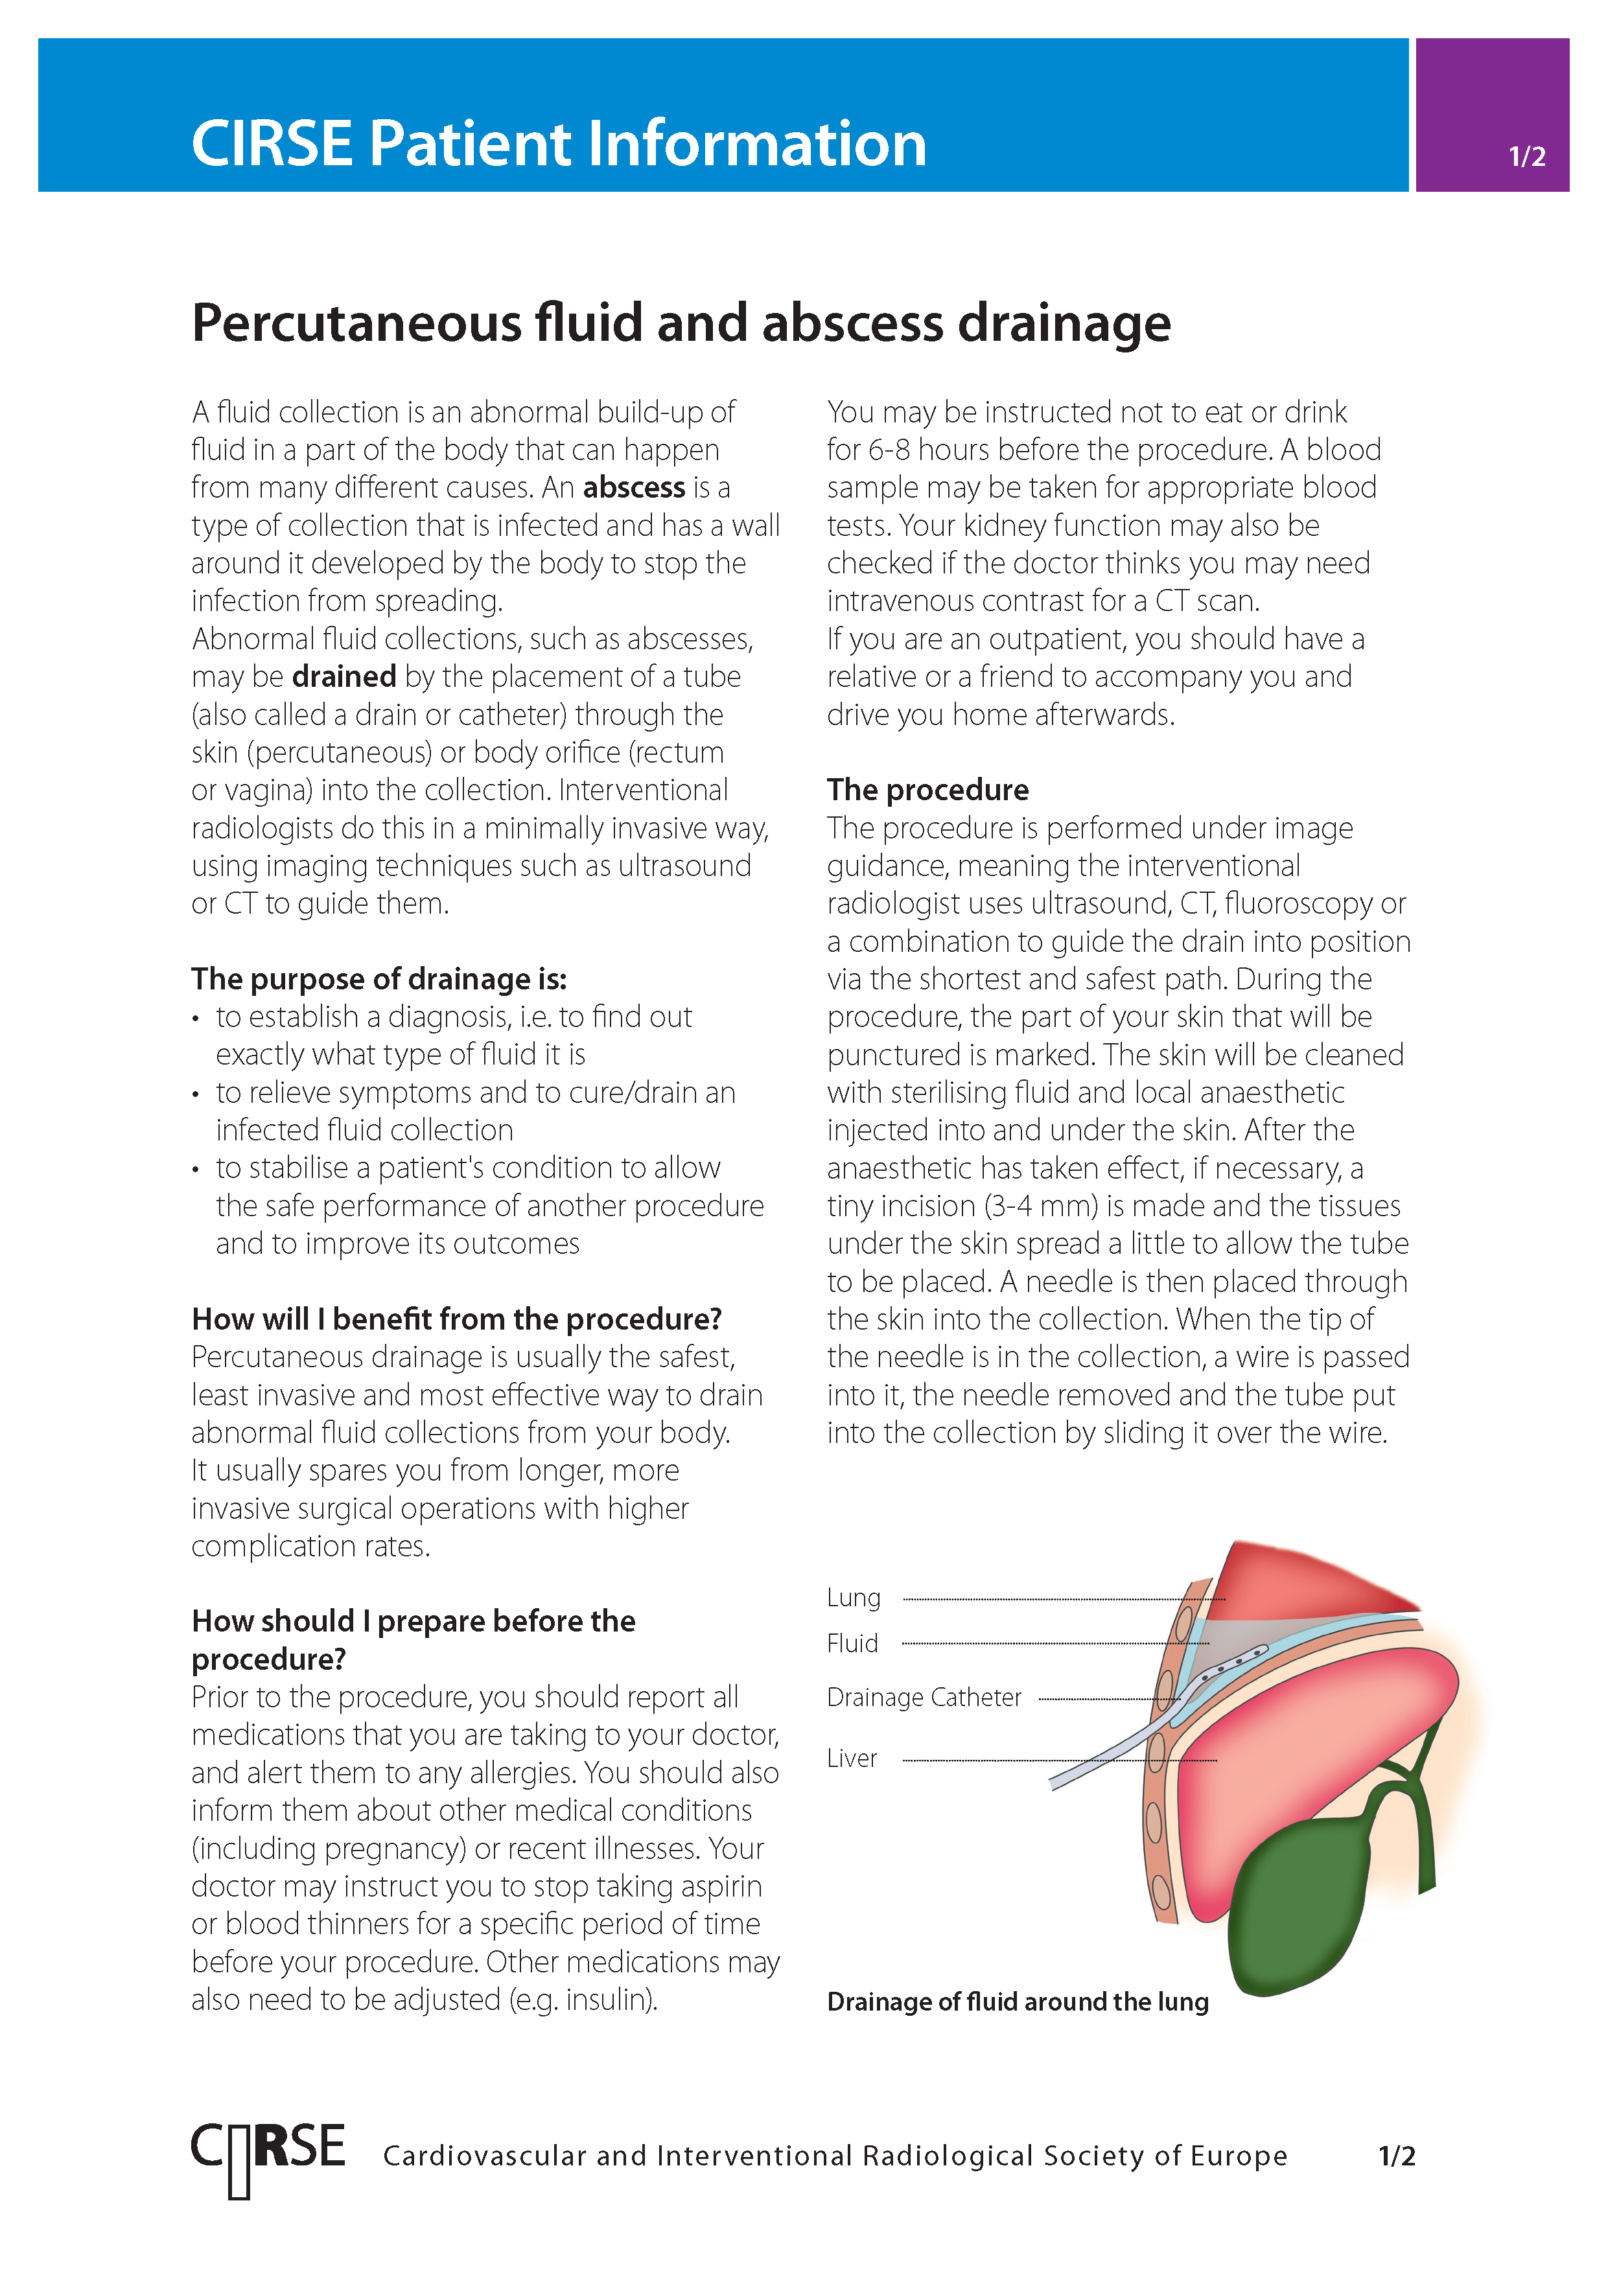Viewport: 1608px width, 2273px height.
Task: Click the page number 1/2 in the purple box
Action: pos(1526,156)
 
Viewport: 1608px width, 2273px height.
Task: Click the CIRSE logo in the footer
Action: pos(267,2156)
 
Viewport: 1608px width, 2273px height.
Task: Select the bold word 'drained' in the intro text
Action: pos(344,677)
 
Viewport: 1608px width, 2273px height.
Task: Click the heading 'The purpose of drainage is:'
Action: pos(379,979)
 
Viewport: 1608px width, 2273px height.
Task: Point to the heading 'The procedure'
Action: pos(927,790)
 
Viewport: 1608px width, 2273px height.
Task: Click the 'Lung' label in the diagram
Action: pos(852,1598)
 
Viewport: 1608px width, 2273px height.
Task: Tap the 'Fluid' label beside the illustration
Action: pos(852,1643)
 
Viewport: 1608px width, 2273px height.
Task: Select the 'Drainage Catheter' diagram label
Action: pos(923,1698)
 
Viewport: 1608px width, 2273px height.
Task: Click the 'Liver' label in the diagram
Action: pos(852,1759)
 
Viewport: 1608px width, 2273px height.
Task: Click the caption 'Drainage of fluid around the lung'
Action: pos(1017,2002)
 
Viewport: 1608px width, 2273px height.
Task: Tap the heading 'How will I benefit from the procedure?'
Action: pos(456,1320)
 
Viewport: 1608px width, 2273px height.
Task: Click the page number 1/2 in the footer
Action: pos(1396,2156)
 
